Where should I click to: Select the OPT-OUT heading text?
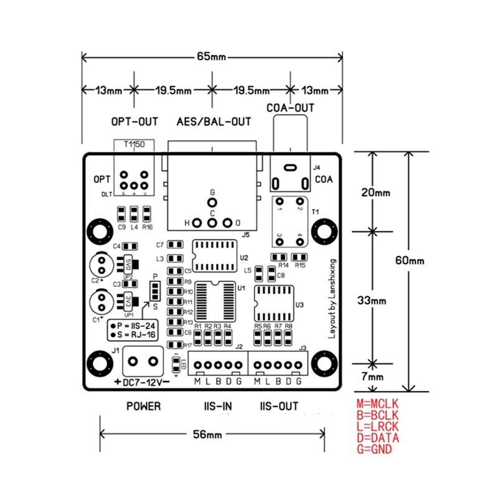pyautogui.click(x=134, y=121)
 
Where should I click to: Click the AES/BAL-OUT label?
pyautogui.click(x=214, y=121)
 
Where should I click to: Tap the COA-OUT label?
pyautogui.click(x=290, y=108)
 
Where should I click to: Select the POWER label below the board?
pyautogui.click(x=143, y=406)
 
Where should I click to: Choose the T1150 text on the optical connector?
pyautogui.click(x=134, y=144)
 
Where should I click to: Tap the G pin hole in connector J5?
pyautogui.click(x=212, y=203)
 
